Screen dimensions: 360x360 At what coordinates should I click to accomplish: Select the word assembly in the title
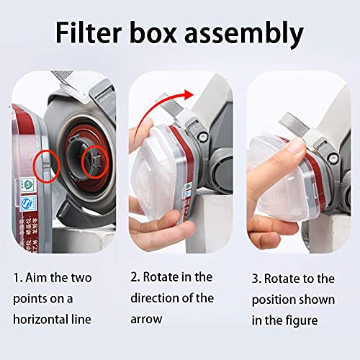[x=256, y=35]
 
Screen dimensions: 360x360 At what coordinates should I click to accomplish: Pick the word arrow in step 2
[x=146, y=318]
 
